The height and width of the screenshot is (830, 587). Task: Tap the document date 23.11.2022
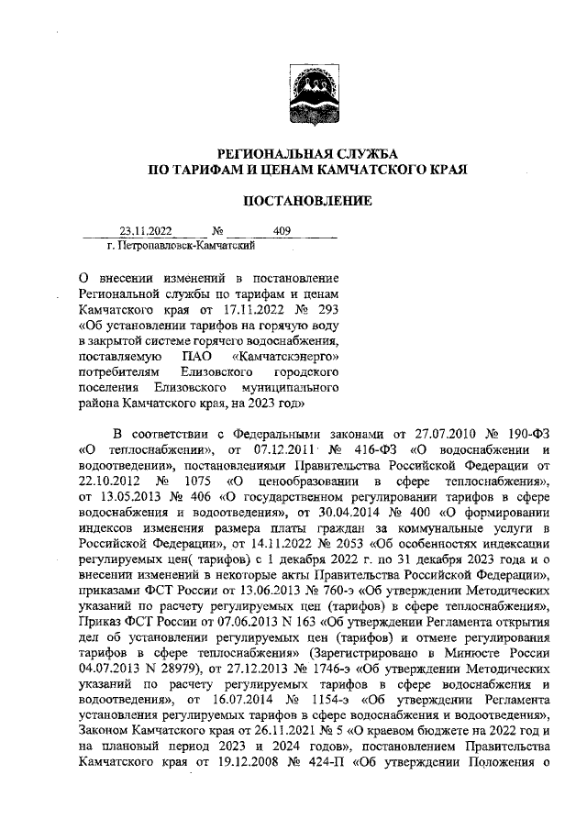[146, 232]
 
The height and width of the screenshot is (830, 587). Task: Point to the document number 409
[282, 232]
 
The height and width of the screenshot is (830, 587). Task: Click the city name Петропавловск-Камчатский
[180, 246]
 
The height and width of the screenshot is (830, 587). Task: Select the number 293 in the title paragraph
[327, 309]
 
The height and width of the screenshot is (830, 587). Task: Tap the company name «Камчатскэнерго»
[287, 355]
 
